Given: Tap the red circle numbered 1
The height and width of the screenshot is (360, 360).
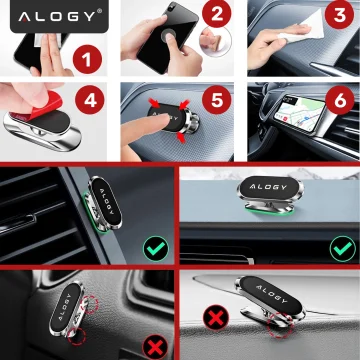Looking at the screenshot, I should click(89, 60).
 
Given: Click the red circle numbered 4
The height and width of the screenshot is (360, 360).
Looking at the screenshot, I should click(89, 101).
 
